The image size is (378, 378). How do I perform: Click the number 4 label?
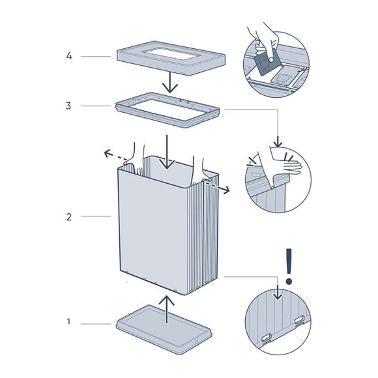pyautogui.click(x=69, y=56)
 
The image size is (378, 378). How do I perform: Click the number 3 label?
pyautogui.click(x=68, y=106)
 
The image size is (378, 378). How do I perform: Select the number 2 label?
pyautogui.click(x=69, y=217)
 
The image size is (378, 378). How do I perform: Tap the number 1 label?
pyautogui.click(x=68, y=321)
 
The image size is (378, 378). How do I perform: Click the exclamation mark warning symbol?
pyautogui.click(x=289, y=267)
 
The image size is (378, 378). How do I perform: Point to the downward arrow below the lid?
pyautogui.click(x=170, y=83)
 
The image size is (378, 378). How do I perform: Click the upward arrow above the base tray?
pyautogui.click(x=166, y=310)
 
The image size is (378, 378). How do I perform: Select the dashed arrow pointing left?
pyautogui.click(x=115, y=156)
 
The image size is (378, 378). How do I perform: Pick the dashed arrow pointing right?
pyautogui.click(x=218, y=188)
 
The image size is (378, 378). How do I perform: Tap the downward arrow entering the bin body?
pyautogui.click(x=167, y=152)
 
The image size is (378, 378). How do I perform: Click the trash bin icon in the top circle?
pyautogui.click(x=282, y=78)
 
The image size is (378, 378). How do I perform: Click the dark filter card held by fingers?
pyautogui.click(x=267, y=63)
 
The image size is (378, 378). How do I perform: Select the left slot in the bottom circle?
pyautogui.click(x=267, y=338)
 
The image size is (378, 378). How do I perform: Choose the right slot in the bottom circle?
pyautogui.click(x=300, y=320)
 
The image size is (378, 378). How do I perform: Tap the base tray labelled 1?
pyautogui.click(x=164, y=329)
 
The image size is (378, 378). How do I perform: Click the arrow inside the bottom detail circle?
pyautogui.click(x=278, y=292)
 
